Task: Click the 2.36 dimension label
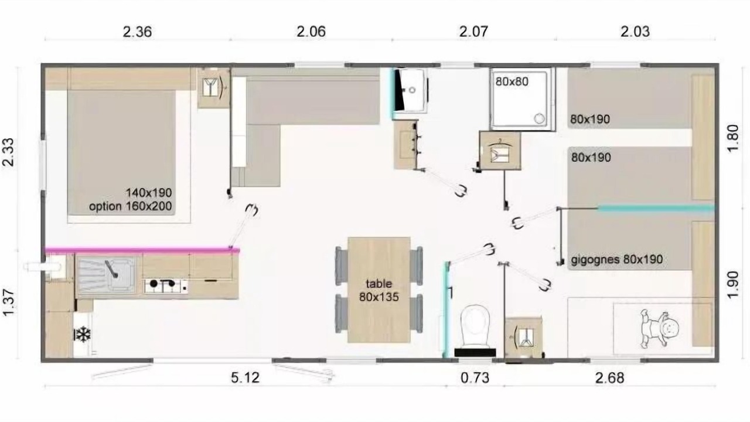(137, 32)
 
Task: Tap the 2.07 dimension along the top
(473, 32)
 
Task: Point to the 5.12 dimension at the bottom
(245, 378)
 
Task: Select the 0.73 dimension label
(475, 378)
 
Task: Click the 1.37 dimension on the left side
(9, 302)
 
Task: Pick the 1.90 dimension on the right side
(733, 284)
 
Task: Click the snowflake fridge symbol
(83, 334)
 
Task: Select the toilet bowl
(475, 326)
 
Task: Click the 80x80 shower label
(512, 81)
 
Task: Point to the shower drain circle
(539, 118)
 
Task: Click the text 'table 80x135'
(379, 290)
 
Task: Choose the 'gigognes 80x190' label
(617, 260)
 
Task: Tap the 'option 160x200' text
(130, 206)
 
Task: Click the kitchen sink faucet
(111, 269)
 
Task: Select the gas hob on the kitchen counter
(166, 285)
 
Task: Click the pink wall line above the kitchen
(142, 250)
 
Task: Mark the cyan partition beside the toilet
(446, 310)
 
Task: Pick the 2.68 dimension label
(610, 378)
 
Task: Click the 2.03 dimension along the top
(635, 32)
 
